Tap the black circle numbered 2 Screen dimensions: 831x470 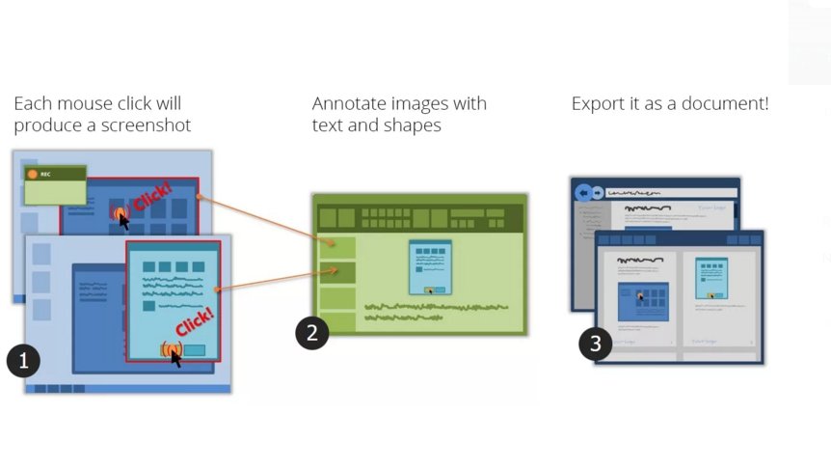coord(311,333)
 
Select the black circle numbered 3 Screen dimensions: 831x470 coord(595,344)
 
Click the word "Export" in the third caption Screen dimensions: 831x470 coord(598,103)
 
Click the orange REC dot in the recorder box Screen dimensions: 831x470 coord(33,175)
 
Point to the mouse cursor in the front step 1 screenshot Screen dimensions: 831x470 coord(175,356)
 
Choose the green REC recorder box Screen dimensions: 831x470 coord(56,185)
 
